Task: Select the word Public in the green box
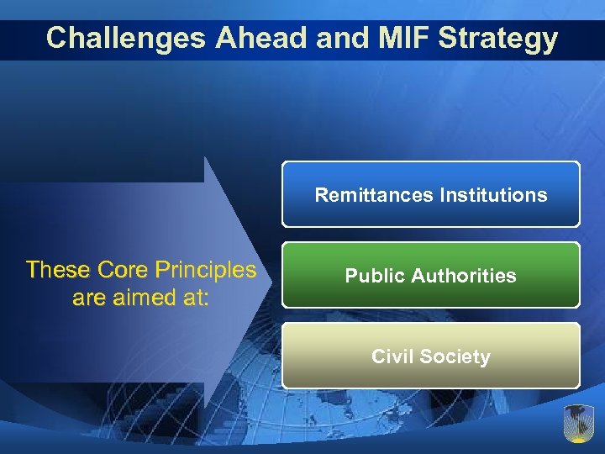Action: click(x=374, y=276)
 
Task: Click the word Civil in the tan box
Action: click(x=393, y=356)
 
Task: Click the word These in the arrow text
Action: click(x=59, y=270)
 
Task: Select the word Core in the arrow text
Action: click(x=124, y=270)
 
